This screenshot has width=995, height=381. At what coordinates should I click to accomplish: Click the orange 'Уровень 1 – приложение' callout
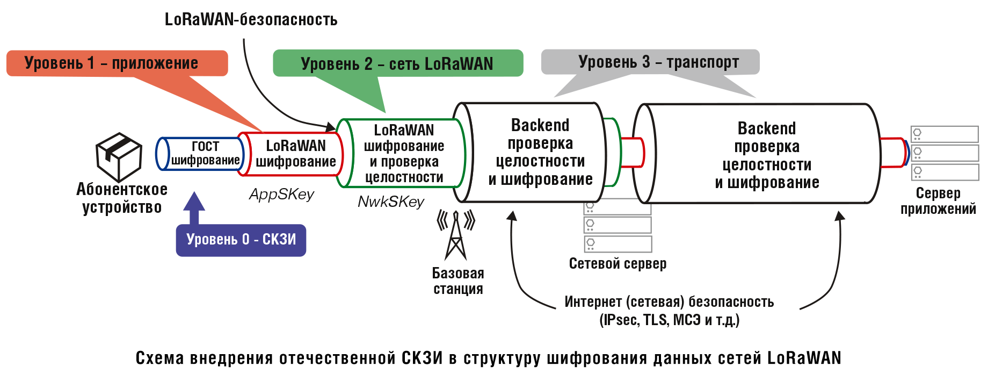coord(117,63)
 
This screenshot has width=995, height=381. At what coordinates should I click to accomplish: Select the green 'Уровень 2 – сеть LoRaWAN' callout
coord(397,63)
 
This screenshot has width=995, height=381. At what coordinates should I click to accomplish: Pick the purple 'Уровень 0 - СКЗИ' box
coord(241,240)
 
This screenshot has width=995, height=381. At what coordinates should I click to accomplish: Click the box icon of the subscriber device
coord(119,156)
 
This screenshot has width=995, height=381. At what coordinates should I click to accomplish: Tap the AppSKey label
coord(281,195)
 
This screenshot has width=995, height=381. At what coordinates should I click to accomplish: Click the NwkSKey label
coord(391,202)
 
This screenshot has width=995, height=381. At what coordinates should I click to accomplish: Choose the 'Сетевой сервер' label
coord(618,264)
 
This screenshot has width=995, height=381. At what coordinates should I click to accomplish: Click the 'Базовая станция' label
coord(458,281)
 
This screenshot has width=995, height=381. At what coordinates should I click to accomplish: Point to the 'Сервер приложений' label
coord(938,201)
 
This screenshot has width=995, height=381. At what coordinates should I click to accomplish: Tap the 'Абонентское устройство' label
coord(122,198)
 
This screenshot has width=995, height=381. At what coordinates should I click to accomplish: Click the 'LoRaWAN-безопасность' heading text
coord(251,20)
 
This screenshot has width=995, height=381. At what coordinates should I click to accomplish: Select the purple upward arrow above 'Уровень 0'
coord(194,207)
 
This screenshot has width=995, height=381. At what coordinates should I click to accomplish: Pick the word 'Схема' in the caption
coord(160,358)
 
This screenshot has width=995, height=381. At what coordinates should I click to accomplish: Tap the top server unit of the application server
coord(945,134)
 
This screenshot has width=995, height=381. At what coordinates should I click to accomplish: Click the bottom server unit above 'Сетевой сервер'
coord(618,243)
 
